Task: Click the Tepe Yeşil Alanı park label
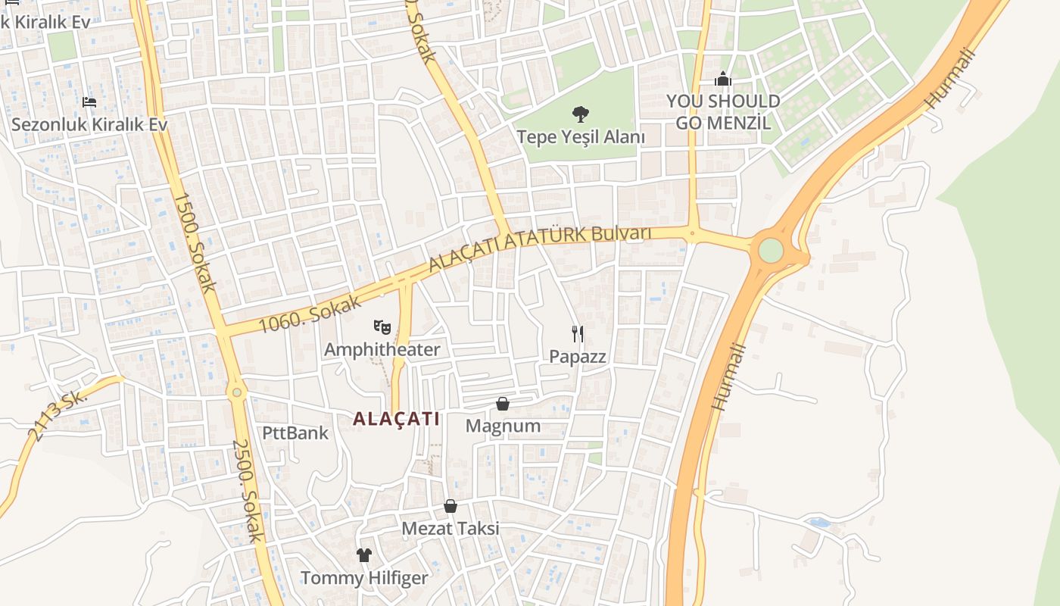click(581, 137)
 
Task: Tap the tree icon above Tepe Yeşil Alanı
click(581, 114)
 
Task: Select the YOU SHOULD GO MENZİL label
click(723, 111)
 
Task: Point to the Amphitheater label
click(382, 349)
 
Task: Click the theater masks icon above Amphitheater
click(382, 327)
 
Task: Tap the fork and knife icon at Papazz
click(578, 334)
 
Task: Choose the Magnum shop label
click(503, 426)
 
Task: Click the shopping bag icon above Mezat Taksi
click(450, 505)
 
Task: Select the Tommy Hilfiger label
click(364, 578)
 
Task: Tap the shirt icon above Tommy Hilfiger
click(364, 555)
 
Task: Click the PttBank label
click(295, 433)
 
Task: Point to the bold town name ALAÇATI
click(396, 419)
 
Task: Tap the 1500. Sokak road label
click(195, 242)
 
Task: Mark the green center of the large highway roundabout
click(770, 251)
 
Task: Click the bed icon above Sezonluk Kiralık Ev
click(89, 102)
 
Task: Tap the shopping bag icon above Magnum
click(502, 404)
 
